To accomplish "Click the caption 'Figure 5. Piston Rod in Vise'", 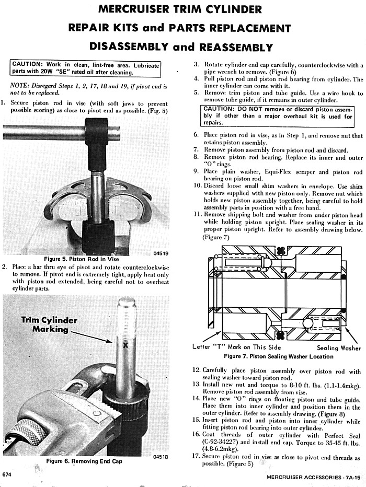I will [81, 259].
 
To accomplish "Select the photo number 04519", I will [161, 253].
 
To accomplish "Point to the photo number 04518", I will [161, 457].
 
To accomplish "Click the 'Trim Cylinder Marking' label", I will [50, 324].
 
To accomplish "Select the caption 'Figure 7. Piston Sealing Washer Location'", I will [278, 356].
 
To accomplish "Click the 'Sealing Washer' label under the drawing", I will [339, 348].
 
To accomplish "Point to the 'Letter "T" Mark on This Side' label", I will [237, 347].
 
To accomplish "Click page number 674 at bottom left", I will [7, 474].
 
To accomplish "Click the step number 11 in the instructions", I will [197, 214].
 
